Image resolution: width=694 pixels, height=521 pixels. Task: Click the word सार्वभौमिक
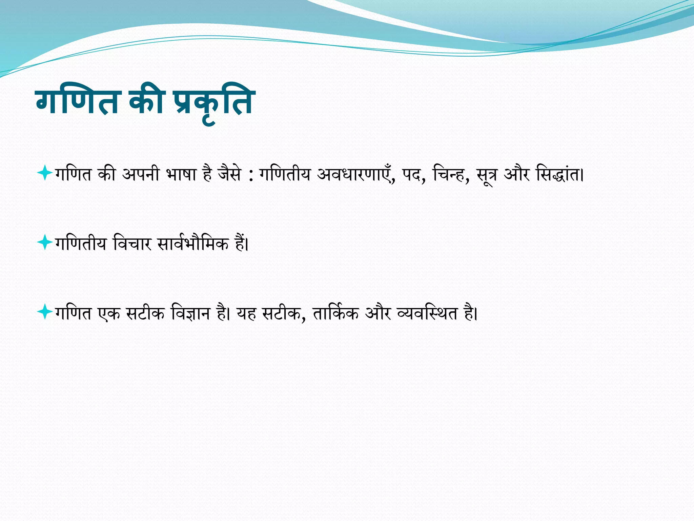[x=193, y=244]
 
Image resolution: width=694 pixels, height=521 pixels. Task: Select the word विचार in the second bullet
[x=132, y=244]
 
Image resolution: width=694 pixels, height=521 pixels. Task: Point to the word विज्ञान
[x=191, y=313]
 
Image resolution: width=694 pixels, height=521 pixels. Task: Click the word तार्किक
[x=335, y=313]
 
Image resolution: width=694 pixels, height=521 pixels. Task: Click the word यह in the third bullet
[x=246, y=313]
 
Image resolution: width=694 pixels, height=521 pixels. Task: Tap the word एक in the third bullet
[x=109, y=313]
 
